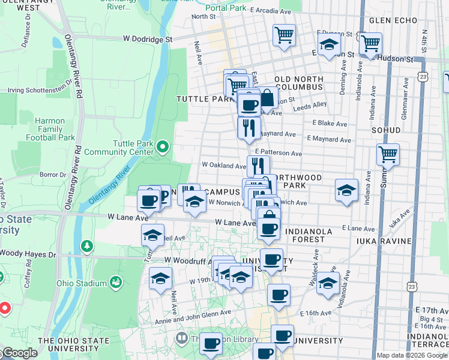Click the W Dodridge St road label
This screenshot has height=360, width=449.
click(x=148, y=38)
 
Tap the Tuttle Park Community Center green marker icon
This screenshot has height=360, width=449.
click(x=162, y=146)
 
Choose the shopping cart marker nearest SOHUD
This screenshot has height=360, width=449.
click(x=388, y=154)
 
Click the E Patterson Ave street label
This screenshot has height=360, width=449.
click(x=279, y=153)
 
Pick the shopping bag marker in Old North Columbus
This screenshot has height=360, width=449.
click(x=267, y=97)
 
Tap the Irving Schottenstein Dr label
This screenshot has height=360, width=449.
click(x=37, y=91)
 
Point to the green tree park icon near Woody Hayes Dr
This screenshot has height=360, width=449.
click(x=88, y=245)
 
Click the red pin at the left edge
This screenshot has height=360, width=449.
click(x=4, y=308)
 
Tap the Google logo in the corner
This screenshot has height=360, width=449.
click(x=19, y=353)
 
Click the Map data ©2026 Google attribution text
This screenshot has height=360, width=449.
click(x=411, y=355)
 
